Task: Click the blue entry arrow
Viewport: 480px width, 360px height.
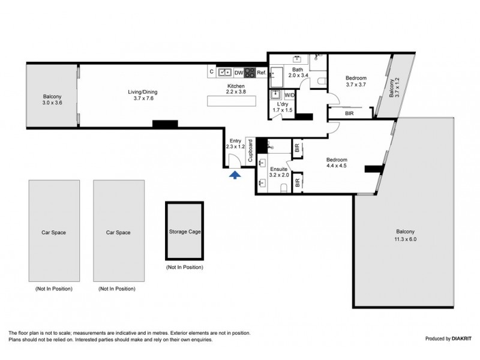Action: (235, 174)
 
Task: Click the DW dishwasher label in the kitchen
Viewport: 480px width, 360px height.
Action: (238, 73)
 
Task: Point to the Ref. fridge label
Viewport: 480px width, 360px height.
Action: (262, 73)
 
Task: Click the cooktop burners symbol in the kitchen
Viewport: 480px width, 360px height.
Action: (249, 73)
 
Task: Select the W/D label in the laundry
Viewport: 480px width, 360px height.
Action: (289, 95)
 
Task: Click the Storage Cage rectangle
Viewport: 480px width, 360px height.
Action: (184, 230)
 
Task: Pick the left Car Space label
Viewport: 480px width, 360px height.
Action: (54, 232)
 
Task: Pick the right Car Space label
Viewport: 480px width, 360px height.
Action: (118, 232)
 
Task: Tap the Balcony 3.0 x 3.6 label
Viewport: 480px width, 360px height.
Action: (53, 100)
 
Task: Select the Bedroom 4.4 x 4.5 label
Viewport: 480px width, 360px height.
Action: (337, 163)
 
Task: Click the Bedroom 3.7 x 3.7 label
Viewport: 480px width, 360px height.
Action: (356, 81)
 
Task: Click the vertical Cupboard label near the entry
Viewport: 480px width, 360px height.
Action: (250, 152)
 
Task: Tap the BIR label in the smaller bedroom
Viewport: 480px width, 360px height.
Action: (349, 112)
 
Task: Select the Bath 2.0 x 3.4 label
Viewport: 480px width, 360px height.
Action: (298, 73)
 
